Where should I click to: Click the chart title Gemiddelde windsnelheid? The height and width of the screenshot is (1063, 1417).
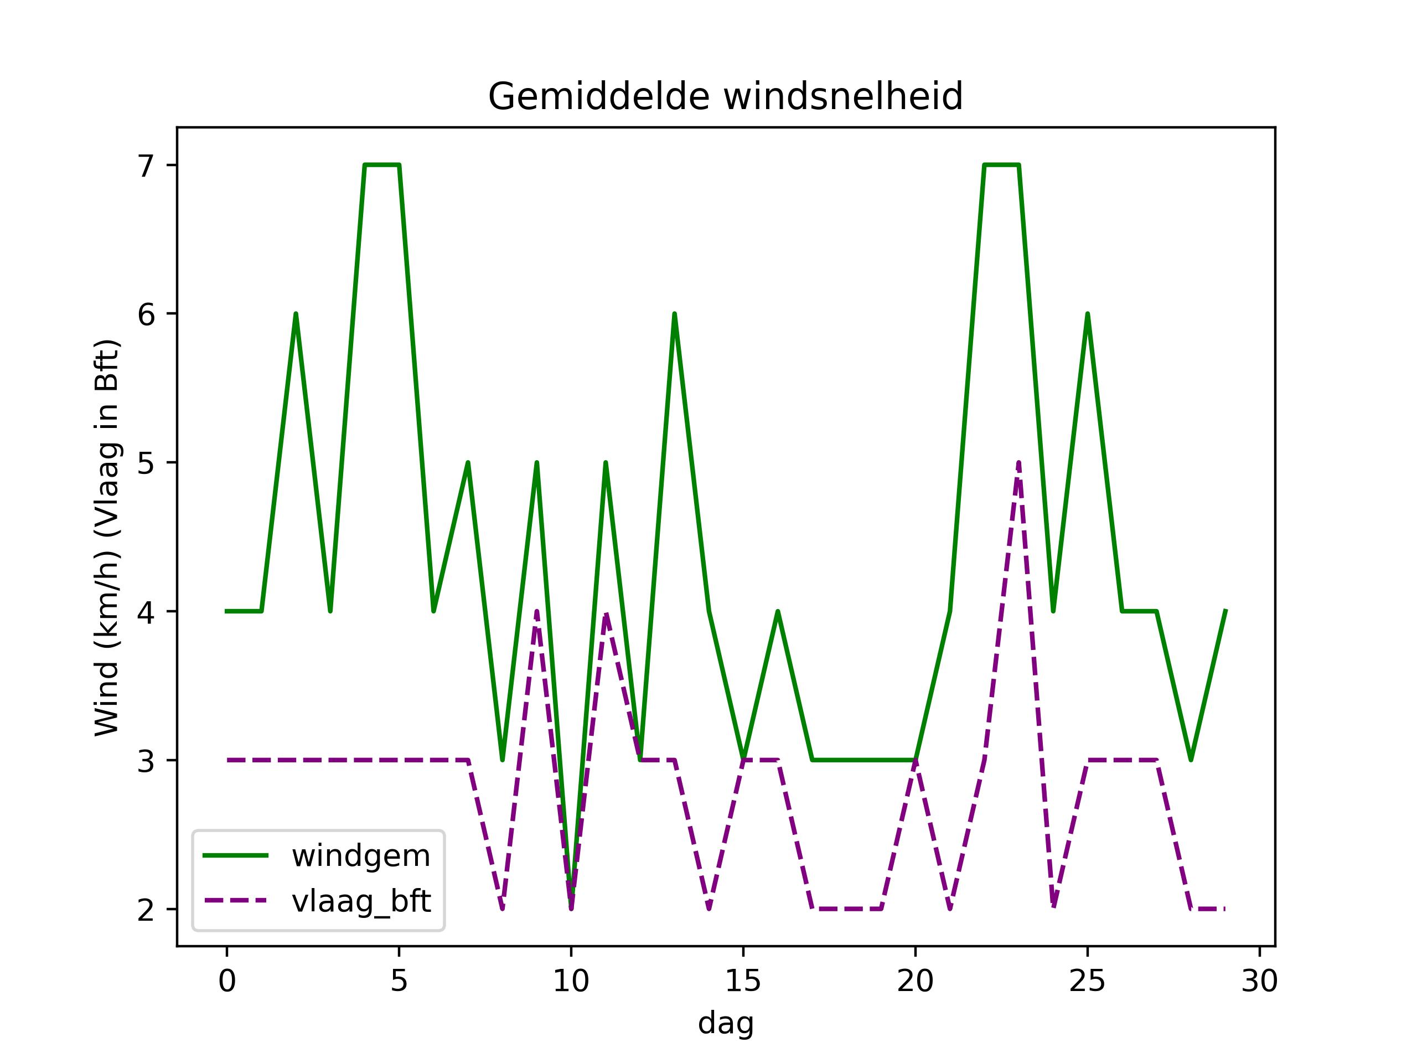tap(725, 97)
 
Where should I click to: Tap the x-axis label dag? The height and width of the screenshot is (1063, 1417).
tap(725, 1023)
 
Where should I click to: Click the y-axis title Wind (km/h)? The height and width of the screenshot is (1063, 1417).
tap(107, 538)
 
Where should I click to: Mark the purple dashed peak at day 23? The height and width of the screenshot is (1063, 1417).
tap(1018, 463)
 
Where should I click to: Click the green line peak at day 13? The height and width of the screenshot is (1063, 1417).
tap(674, 314)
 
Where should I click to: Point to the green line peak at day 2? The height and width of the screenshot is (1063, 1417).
tap(296, 314)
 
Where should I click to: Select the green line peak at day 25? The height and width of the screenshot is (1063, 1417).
tap(1087, 314)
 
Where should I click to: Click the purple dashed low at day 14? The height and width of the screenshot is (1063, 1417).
tap(708, 908)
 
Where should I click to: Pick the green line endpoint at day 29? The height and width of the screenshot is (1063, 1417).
tap(1225, 611)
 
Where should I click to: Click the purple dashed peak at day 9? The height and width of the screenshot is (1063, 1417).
tap(536, 611)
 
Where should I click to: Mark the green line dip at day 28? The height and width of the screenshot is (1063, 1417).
tap(1190, 760)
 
